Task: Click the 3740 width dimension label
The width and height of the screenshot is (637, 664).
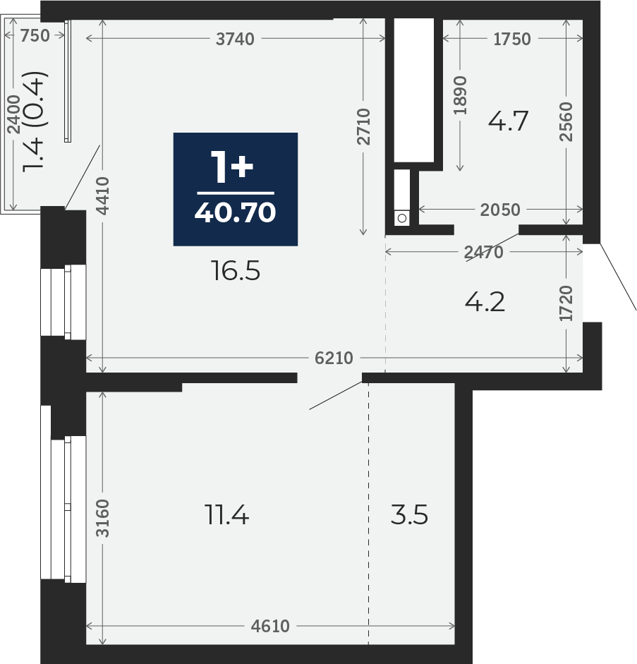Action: (x=235, y=39)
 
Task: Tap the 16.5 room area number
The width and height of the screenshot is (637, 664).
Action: (x=236, y=271)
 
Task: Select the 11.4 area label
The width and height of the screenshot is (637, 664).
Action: (x=226, y=515)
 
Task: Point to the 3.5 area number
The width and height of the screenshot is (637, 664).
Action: (x=409, y=515)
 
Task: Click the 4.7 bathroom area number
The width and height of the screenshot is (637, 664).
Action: (x=509, y=121)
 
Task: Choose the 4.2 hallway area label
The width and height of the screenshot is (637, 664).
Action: (x=485, y=302)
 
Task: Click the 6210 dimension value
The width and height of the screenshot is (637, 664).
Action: (x=334, y=358)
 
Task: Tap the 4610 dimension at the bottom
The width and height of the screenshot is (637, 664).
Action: (x=270, y=626)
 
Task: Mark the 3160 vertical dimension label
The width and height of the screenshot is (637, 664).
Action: (x=102, y=519)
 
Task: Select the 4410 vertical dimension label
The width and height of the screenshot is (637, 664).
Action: (x=102, y=195)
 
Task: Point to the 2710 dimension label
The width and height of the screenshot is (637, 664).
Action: (x=363, y=126)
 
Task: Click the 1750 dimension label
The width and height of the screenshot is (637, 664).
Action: (x=512, y=39)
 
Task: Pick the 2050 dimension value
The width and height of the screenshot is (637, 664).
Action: (x=500, y=210)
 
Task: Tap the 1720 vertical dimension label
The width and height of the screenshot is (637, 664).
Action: (x=566, y=303)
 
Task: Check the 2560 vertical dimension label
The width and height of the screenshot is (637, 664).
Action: (x=566, y=121)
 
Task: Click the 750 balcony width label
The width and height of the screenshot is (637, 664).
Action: (x=35, y=35)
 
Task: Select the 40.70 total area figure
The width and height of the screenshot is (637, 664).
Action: (x=236, y=212)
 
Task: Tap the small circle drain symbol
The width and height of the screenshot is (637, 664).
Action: (x=402, y=218)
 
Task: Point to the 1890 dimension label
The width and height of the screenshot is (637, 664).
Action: (x=460, y=95)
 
